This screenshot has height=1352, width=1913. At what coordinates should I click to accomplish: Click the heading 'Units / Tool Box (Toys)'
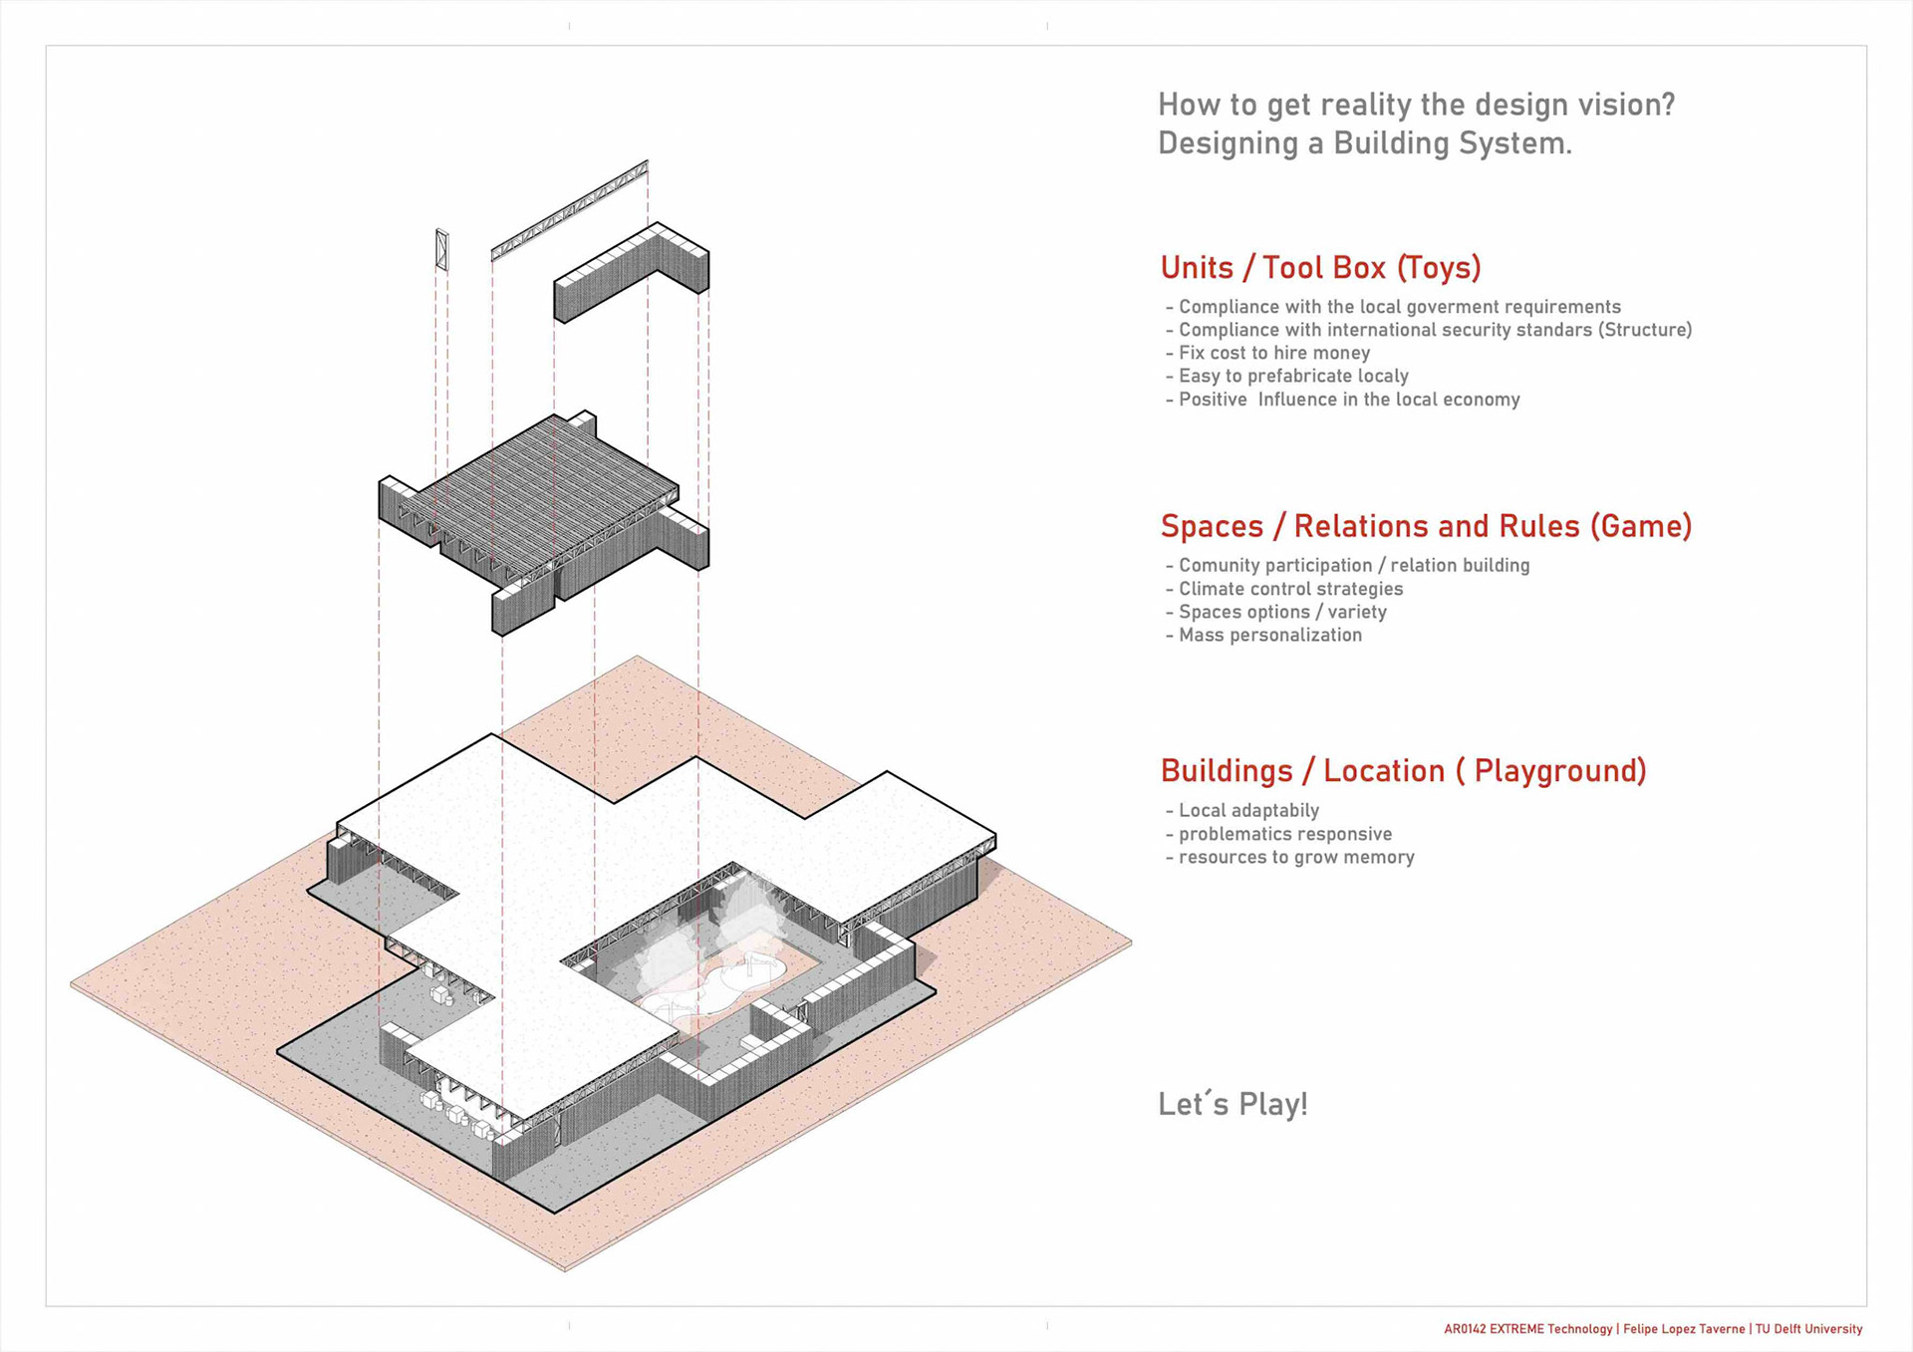pyautogui.click(x=1320, y=268)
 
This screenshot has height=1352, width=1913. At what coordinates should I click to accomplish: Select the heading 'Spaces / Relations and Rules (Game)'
pyautogui.click(x=1426, y=526)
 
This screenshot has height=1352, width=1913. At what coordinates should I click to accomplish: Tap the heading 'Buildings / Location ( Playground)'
pyautogui.click(x=1403, y=771)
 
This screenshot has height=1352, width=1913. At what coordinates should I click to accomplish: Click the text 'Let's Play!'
pyautogui.click(x=1232, y=1104)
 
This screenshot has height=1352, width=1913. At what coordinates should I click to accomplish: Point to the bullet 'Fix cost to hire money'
pyautogui.click(x=1273, y=353)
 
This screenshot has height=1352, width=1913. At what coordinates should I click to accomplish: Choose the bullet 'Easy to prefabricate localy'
pyautogui.click(x=1292, y=376)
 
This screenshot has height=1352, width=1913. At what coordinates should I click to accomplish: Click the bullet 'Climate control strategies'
pyautogui.click(x=1289, y=589)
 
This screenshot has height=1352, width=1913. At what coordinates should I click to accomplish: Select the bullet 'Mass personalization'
pyautogui.click(x=1269, y=635)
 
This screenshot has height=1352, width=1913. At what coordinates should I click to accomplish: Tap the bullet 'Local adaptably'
pyautogui.click(x=1247, y=811)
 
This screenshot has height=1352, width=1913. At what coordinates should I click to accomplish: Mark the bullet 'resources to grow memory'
pyautogui.click(x=1295, y=857)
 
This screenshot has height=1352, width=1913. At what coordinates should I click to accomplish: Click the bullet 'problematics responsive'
pyautogui.click(x=1284, y=834)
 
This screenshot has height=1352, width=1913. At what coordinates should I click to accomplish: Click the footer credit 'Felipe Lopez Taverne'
pyautogui.click(x=1684, y=1329)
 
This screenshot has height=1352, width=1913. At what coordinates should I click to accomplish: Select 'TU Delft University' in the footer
pyautogui.click(x=1808, y=1329)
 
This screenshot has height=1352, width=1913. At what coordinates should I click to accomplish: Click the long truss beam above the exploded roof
pyautogui.click(x=570, y=210)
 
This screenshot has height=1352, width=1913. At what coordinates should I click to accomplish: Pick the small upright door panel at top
pyautogui.click(x=442, y=249)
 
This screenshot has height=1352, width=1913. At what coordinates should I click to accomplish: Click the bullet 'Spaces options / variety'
pyautogui.click(x=1281, y=612)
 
